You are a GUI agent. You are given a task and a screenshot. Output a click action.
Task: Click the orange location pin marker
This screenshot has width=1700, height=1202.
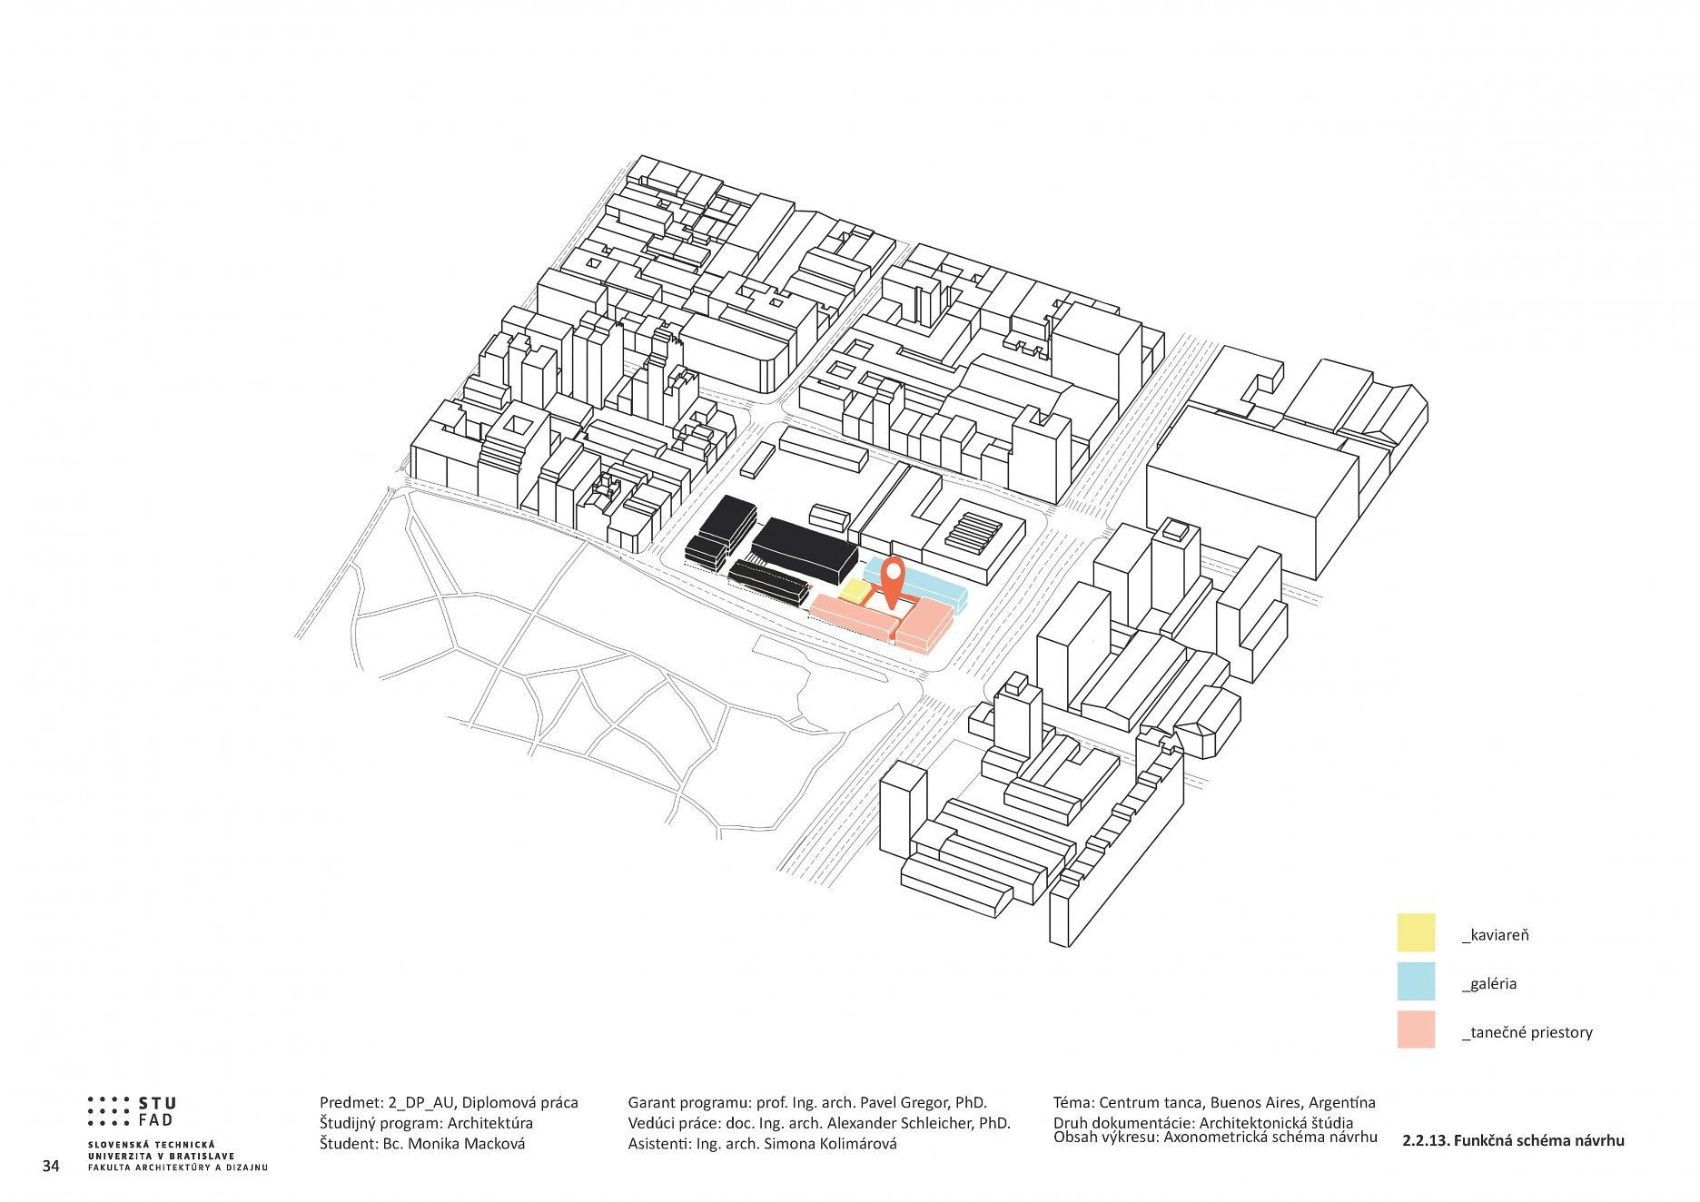(x=894, y=581)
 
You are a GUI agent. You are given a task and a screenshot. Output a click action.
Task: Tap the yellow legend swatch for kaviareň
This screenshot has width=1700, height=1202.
(x=1415, y=932)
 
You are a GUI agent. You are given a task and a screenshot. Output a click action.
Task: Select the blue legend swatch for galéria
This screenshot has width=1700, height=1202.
(x=1415, y=981)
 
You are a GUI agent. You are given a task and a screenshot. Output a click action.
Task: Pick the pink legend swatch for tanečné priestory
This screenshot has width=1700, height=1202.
(x=1415, y=1030)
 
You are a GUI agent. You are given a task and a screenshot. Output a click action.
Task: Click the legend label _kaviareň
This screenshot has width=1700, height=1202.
(x=1495, y=935)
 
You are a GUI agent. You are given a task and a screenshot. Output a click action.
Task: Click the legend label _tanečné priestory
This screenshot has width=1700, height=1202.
(x=1527, y=1032)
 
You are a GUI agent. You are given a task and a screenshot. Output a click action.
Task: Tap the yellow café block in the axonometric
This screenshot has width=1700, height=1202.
(x=854, y=591)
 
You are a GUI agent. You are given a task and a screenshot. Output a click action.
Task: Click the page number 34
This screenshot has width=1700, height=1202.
(x=51, y=1166)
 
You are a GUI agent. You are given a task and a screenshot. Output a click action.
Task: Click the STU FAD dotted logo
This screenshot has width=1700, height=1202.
(x=132, y=1111)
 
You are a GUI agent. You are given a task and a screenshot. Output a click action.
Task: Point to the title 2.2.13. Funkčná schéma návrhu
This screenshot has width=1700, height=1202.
(x=1512, y=1140)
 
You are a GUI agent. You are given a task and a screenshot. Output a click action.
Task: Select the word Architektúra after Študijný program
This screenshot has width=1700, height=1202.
(x=490, y=1123)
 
